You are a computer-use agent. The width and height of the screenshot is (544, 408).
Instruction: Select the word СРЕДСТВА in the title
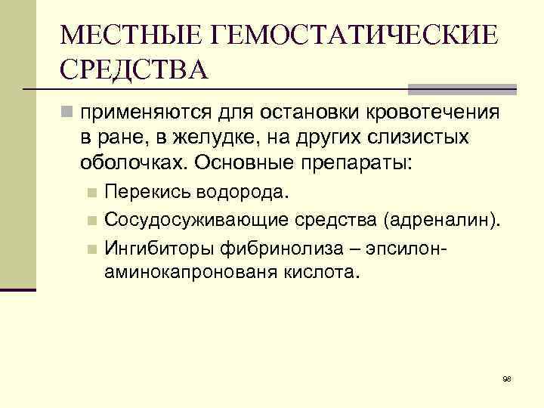coord(134,70)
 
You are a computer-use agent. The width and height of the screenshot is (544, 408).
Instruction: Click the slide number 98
coord(507,378)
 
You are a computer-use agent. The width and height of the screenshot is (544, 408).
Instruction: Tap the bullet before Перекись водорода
coord(91,193)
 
